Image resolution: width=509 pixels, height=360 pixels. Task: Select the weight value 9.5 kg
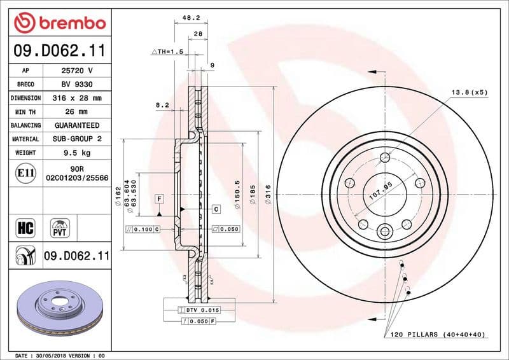tap(75, 153)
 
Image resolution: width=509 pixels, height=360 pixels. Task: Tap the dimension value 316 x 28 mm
tap(75, 98)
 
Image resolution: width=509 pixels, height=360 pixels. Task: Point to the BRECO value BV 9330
tap(75, 85)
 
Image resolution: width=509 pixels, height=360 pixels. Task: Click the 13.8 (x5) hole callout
tap(469, 92)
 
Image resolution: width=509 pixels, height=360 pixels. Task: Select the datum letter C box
tap(216, 209)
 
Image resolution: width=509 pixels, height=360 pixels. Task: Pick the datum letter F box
tap(157, 199)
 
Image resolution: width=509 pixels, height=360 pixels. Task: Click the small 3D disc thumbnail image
tap(59, 305)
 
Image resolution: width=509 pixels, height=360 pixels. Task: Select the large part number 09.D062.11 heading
tap(59, 50)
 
